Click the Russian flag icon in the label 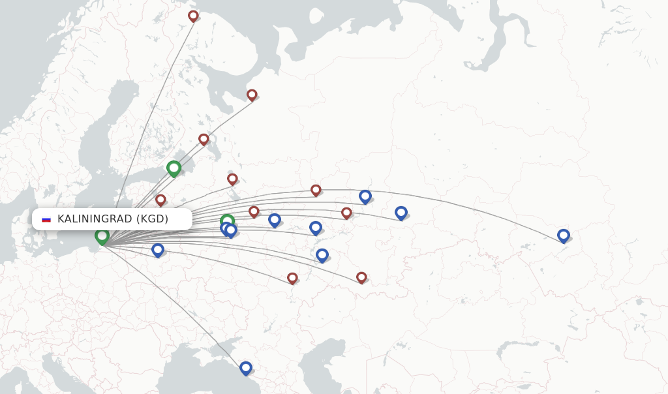click(x=46, y=219)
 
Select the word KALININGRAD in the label click(x=95, y=219)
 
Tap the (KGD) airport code click(x=152, y=219)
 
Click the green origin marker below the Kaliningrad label click(x=102, y=236)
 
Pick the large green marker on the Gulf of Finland click(x=174, y=168)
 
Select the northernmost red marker click(x=193, y=16)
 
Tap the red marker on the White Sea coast click(x=252, y=95)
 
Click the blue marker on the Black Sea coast click(x=245, y=368)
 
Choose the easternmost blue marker click(x=564, y=235)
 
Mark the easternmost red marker click(x=361, y=277)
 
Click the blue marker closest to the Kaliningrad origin click(x=157, y=250)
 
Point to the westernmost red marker click(x=160, y=200)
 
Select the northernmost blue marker click(x=365, y=196)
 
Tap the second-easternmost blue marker click(x=401, y=212)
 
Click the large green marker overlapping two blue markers click(x=227, y=221)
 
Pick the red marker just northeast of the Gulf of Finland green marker click(x=204, y=139)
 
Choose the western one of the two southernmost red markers click(x=292, y=278)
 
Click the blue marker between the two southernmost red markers click(x=322, y=254)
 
